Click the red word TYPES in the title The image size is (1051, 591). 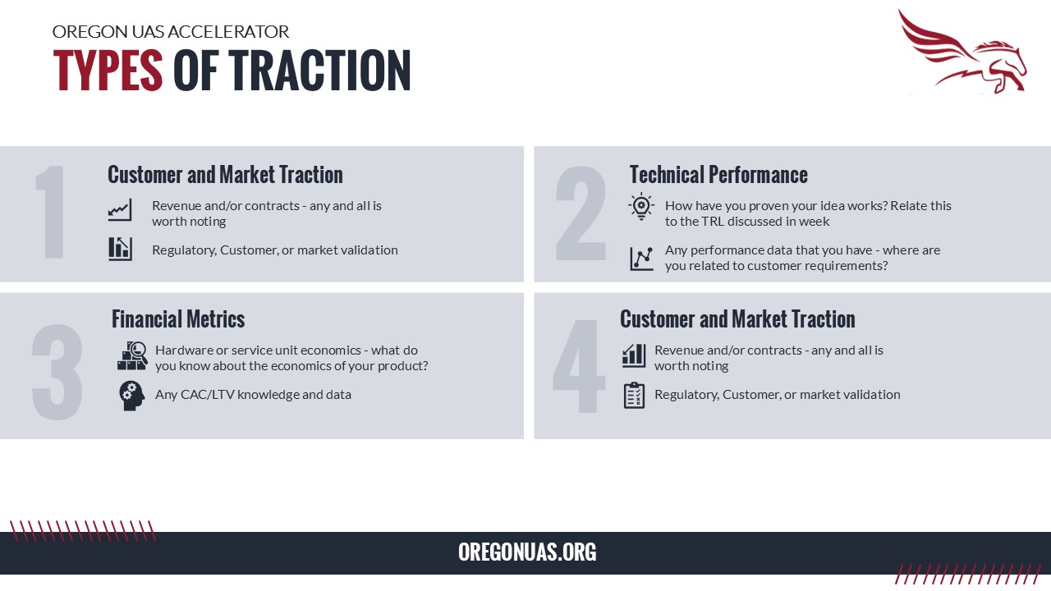[x=108, y=71]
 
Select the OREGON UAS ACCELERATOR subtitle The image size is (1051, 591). [x=170, y=32]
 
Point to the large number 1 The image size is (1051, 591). [x=51, y=212]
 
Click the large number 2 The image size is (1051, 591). [x=581, y=213]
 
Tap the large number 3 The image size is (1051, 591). [x=57, y=372]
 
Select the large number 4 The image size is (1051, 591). [x=578, y=366]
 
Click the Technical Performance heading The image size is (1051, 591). [x=718, y=175]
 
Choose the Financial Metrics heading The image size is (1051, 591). [x=178, y=319]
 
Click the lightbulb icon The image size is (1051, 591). [x=641, y=206]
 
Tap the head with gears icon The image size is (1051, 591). [x=131, y=396]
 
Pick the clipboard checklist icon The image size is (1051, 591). [x=634, y=396]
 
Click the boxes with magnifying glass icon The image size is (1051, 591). [x=132, y=356]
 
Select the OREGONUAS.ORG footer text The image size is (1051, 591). [x=527, y=552]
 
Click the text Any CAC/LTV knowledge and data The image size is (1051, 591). [x=253, y=395]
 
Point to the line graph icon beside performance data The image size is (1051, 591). [x=641, y=259]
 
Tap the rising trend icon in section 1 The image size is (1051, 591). [x=120, y=209]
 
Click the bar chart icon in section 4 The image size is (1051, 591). [x=634, y=355]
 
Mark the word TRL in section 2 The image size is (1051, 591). [x=713, y=222]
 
